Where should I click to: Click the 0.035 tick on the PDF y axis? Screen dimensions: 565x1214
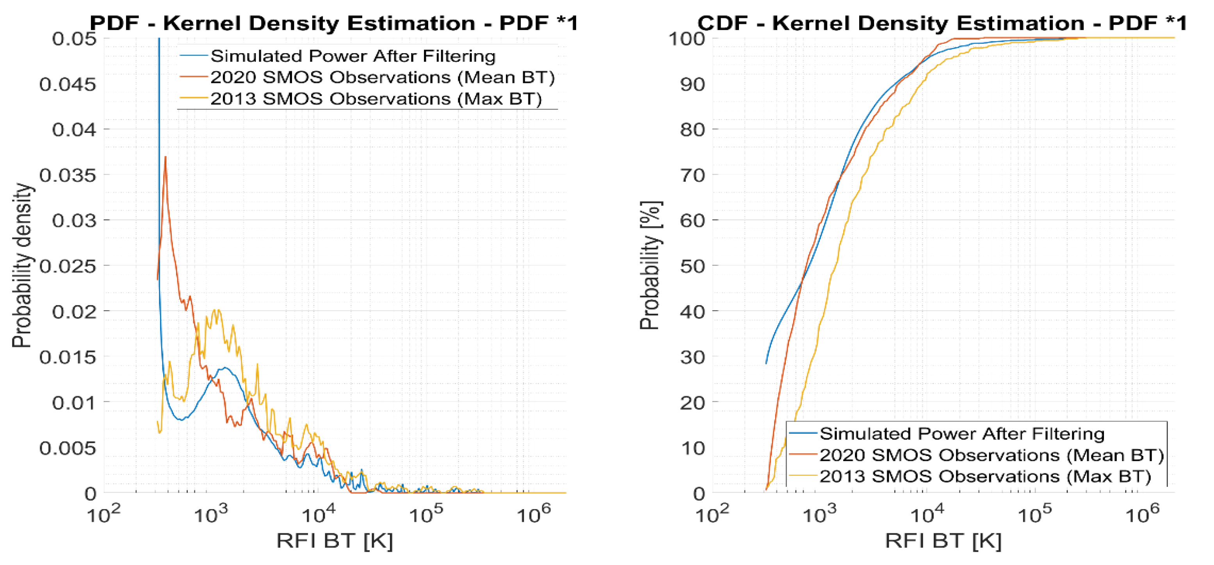(68, 175)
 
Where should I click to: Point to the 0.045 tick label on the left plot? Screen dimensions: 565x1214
(68, 84)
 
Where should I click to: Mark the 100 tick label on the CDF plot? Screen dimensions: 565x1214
(687, 39)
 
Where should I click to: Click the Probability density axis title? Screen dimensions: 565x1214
(22, 266)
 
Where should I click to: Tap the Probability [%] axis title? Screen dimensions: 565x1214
(650, 266)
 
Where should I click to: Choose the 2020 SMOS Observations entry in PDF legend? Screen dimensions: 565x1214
(382, 77)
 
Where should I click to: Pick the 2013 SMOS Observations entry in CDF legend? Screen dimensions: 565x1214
(985, 476)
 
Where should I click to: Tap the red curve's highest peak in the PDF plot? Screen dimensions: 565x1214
(166, 157)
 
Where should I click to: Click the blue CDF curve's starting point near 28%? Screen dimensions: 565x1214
(766, 363)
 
